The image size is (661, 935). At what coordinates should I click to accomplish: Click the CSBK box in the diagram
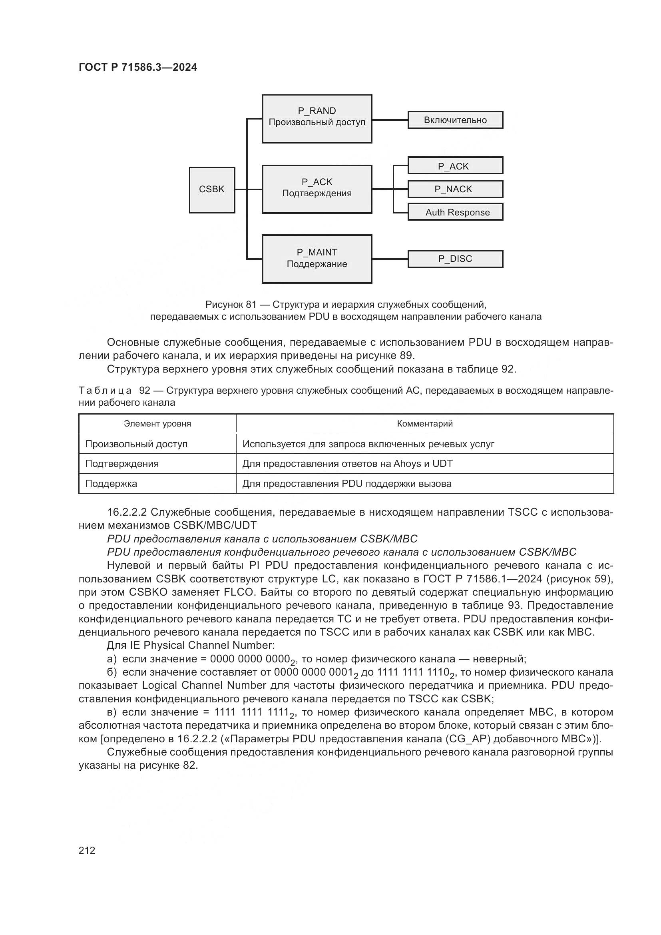tap(212, 190)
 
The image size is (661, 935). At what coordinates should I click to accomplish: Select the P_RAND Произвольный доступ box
tap(317, 119)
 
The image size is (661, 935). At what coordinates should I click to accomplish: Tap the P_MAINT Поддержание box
tap(317, 259)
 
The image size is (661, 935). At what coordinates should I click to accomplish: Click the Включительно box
tap(455, 120)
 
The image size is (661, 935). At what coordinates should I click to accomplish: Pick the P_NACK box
tap(455, 189)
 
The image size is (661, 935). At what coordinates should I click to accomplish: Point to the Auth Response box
tap(455, 212)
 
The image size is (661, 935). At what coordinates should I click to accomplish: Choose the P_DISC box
tap(455, 259)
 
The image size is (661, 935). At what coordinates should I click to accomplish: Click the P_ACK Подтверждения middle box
tap(317, 189)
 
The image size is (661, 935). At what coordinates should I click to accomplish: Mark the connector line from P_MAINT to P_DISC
tap(390, 259)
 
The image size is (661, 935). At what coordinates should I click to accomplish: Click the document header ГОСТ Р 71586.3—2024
tap(137, 67)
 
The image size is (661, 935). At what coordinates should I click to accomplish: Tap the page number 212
tap(87, 850)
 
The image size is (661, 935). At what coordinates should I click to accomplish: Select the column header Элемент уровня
tap(157, 423)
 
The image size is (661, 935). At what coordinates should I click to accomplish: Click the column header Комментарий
tap(424, 423)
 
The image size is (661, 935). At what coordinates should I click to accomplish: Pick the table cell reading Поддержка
tap(111, 484)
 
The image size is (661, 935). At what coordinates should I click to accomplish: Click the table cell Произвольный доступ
tap(136, 444)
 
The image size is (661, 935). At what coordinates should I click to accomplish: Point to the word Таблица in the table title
tap(105, 391)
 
